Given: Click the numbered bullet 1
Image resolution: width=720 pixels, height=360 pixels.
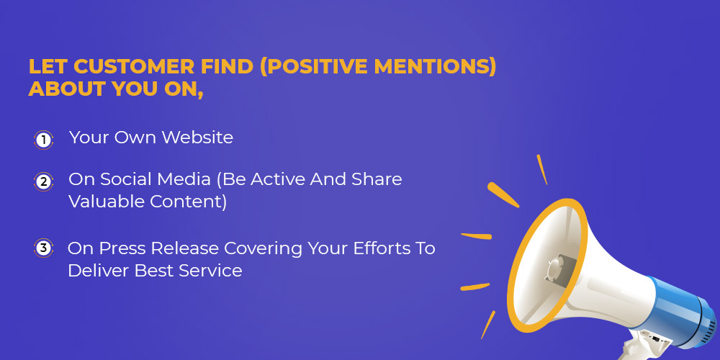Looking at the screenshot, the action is pyautogui.click(x=44, y=140).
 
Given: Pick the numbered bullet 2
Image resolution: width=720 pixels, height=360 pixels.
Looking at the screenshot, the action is pyautogui.click(x=44, y=181).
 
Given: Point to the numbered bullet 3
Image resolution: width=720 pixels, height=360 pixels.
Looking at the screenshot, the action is pyautogui.click(x=44, y=248).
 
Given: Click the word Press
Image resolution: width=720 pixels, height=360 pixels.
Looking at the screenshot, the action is pyautogui.click(x=123, y=248).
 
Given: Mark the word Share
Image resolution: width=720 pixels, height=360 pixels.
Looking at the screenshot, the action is pyautogui.click(x=377, y=179).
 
